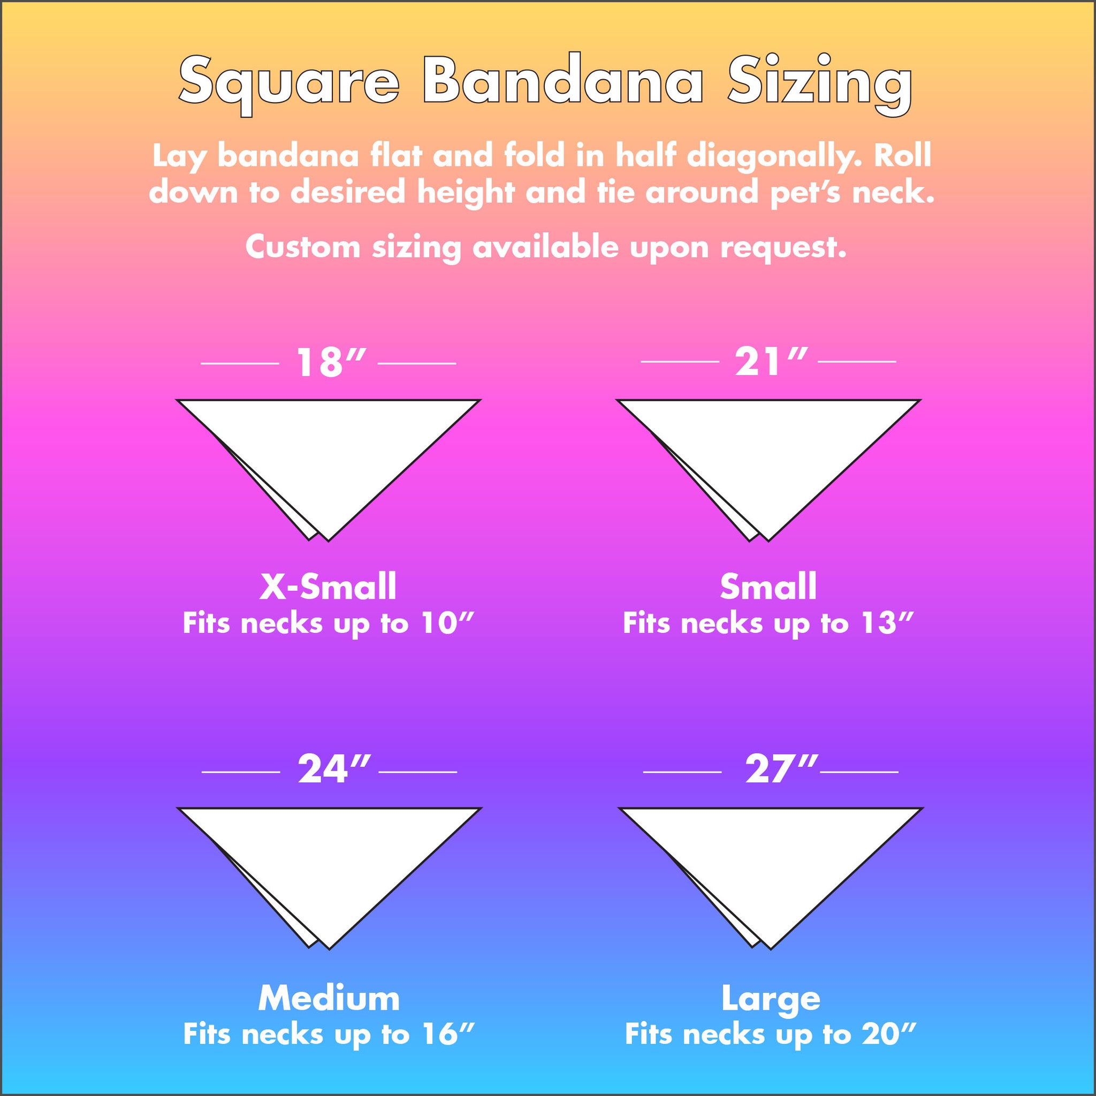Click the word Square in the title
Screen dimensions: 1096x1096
(x=289, y=84)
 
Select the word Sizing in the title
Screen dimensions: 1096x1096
(x=820, y=84)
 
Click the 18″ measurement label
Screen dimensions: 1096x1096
(x=330, y=362)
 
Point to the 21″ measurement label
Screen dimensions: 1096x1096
(x=771, y=361)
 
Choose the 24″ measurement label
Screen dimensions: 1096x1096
(x=333, y=769)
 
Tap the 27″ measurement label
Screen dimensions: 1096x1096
(x=781, y=769)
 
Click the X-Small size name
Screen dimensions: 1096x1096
(x=328, y=587)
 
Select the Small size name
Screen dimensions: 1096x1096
(x=768, y=587)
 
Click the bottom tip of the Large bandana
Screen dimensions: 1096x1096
(x=771, y=948)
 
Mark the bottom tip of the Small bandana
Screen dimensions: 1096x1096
(x=768, y=541)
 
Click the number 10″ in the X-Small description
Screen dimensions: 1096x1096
(x=447, y=623)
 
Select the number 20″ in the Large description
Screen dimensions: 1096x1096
(x=888, y=1034)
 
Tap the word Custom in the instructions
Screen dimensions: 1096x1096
(x=302, y=247)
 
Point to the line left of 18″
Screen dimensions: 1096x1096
(x=240, y=363)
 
